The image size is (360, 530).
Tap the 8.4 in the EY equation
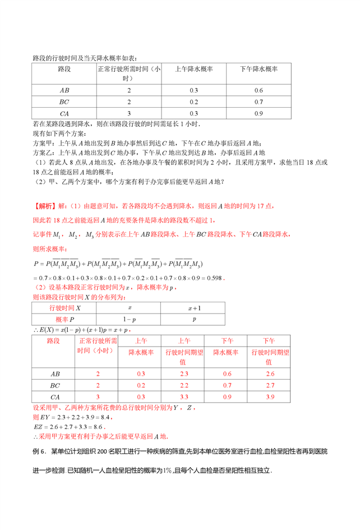pyautogui.click(x=107, y=418)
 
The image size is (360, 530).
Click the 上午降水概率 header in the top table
pyautogui.click(x=195, y=70)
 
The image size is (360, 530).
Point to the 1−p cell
pyautogui.click(x=130, y=320)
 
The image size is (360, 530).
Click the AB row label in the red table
pyautogui.click(x=56, y=374)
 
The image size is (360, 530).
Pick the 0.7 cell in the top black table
pyautogui.click(x=259, y=102)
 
